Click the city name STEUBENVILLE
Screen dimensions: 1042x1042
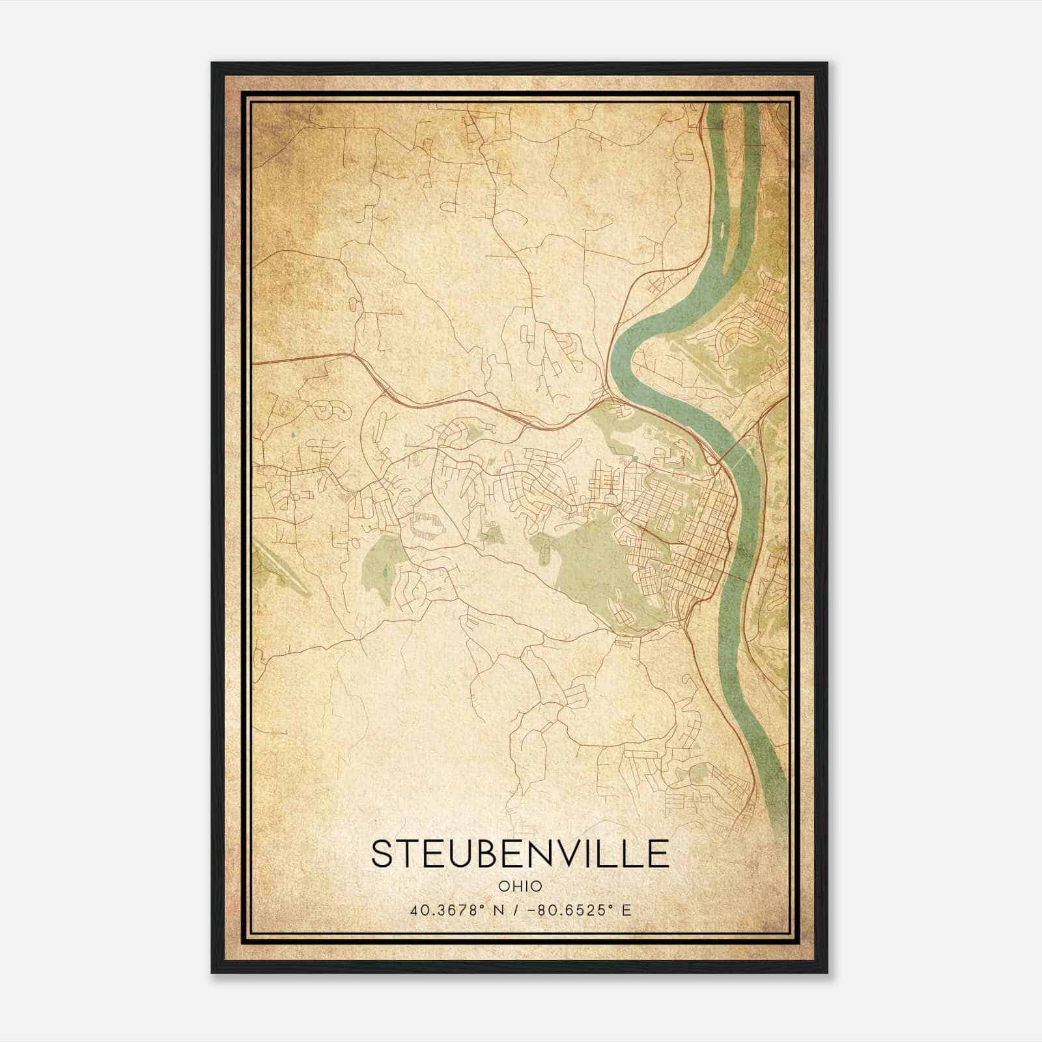click(520, 853)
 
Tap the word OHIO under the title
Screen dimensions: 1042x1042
click(520, 886)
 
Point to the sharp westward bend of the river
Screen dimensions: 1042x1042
click(619, 352)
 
